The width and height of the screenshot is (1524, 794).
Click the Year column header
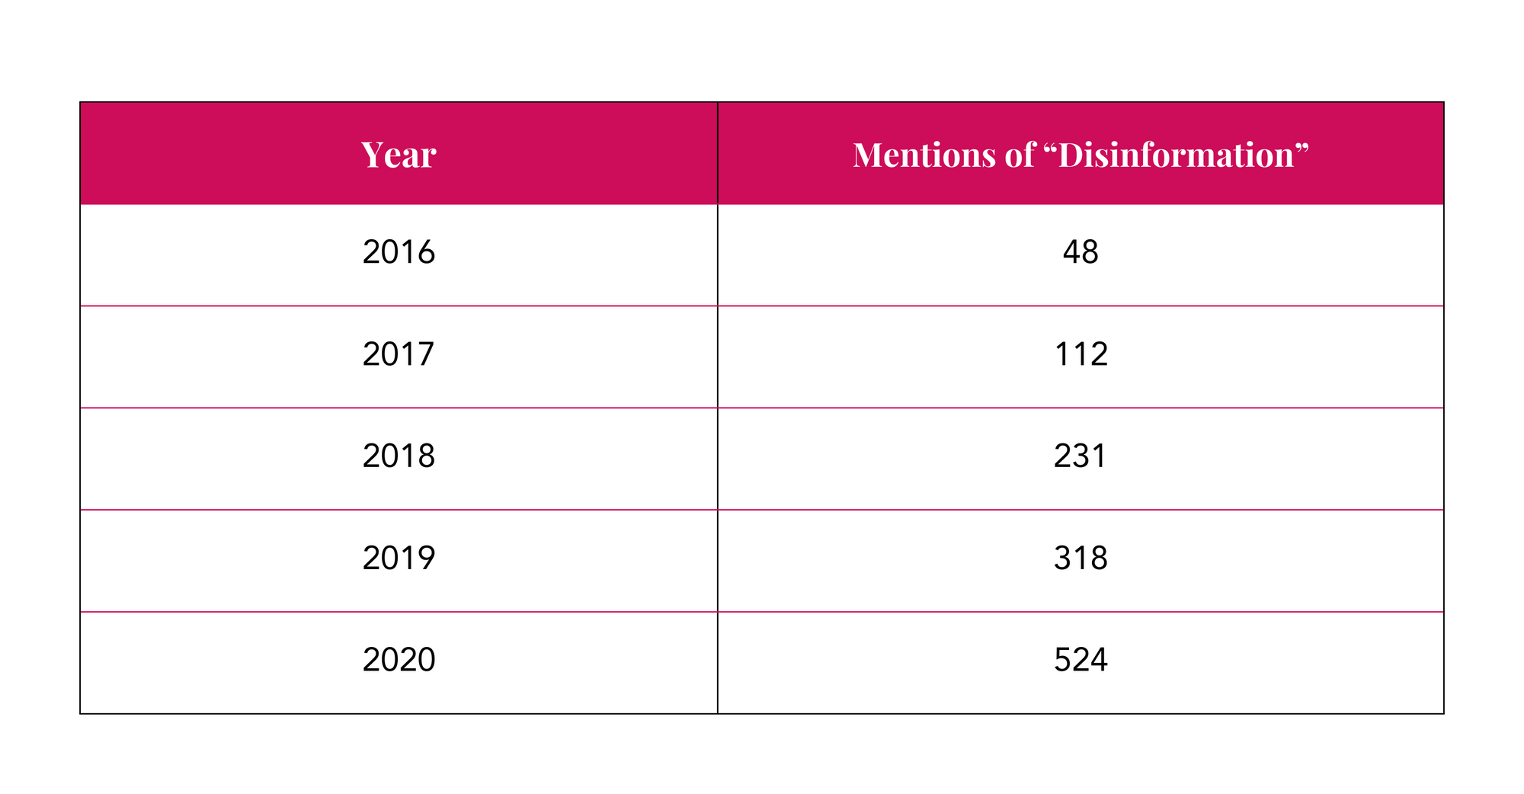click(399, 155)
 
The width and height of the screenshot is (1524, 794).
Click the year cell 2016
click(399, 252)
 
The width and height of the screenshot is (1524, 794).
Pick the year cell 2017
click(399, 354)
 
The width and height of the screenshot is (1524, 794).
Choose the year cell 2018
click(399, 456)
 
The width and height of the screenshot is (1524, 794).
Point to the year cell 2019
click(399, 558)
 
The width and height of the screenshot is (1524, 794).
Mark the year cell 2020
click(399, 660)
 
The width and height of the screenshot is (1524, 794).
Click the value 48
click(1080, 252)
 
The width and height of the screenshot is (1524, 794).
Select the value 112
click(1080, 354)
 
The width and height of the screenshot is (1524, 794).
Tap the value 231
click(1080, 456)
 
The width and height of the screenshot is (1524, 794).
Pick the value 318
click(1080, 558)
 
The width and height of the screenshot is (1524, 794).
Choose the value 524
click(1080, 660)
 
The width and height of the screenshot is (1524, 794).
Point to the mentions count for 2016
click(1080, 252)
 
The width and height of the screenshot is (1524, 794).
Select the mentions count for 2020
click(1080, 660)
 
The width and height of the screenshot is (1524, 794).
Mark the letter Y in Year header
click(372, 155)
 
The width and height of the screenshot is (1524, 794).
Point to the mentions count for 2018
click(1080, 456)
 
